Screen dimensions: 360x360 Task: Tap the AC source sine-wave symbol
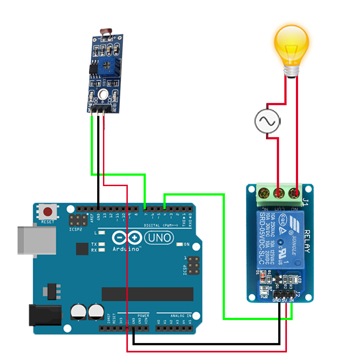coord(267,121)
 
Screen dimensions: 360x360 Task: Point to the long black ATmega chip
coord(147,294)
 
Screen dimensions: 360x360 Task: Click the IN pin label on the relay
coord(291,300)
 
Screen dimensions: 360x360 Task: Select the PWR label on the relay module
coord(264,297)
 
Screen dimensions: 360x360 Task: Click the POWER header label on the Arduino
coord(143,316)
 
